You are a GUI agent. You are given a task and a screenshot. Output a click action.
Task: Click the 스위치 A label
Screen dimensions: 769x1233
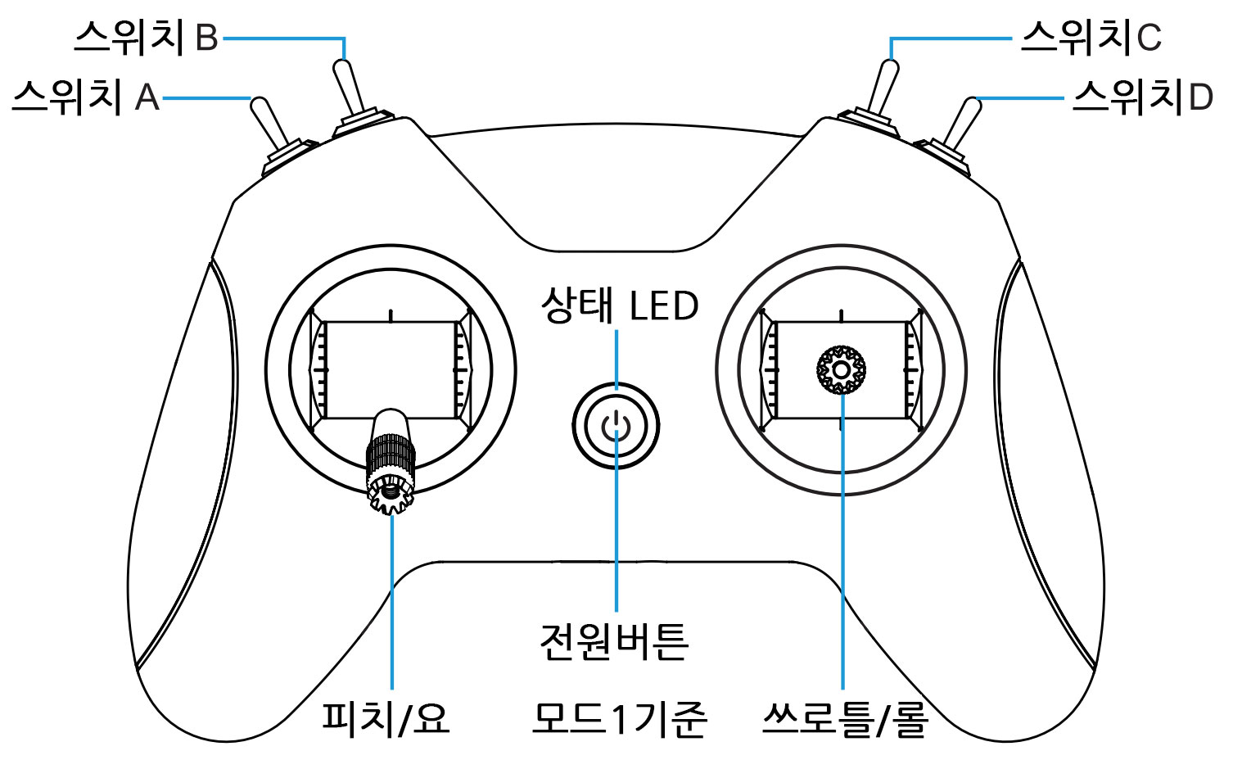click(x=85, y=97)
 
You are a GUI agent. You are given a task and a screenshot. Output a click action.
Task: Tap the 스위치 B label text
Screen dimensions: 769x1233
click(x=147, y=37)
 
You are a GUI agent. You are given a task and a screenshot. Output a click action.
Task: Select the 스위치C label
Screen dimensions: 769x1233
click(x=1091, y=38)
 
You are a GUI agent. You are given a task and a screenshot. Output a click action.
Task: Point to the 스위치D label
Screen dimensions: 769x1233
click(x=1142, y=97)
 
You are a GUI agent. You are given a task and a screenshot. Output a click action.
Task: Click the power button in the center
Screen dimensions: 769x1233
click(x=616, y=427)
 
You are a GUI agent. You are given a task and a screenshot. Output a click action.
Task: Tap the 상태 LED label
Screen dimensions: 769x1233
click(x=619, y=305)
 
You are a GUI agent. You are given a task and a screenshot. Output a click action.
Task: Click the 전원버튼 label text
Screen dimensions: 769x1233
click(x=614, y=640)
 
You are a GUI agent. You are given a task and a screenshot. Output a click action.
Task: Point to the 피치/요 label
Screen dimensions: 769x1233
click(x=386, y=718)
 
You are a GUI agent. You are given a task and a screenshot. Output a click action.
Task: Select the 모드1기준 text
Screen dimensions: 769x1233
click(x=619, y=718)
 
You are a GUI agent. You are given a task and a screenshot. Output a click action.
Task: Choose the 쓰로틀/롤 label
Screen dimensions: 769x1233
click(x=843, y=718)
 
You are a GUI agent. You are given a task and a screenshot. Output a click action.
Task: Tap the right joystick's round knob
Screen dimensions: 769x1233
click(x=841, y=370)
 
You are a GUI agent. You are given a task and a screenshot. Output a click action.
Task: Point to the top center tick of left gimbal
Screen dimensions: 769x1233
click(x=391, y=314)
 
